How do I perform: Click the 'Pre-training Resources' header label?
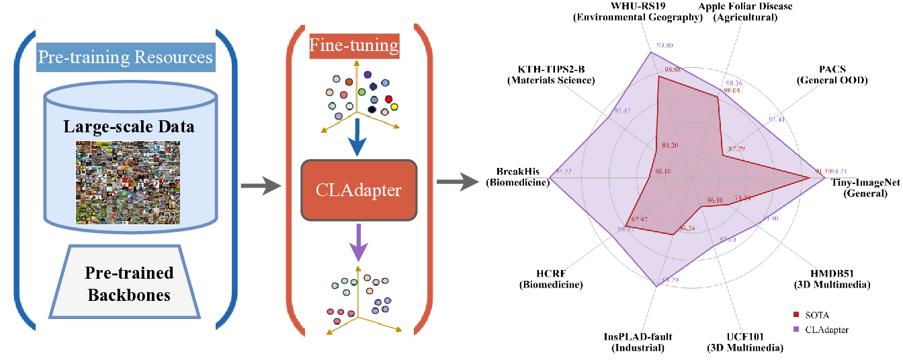(125, 57)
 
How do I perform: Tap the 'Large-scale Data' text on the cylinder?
(129, 126)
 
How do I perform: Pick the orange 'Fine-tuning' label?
(354, 47)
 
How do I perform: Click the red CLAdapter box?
(359, 190)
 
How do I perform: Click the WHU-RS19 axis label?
(638, 12)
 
